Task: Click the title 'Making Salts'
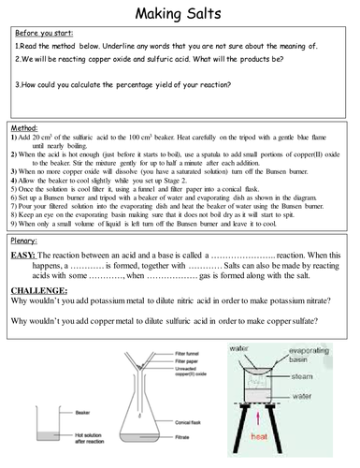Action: pyautogui.click(x=180, y=13)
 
